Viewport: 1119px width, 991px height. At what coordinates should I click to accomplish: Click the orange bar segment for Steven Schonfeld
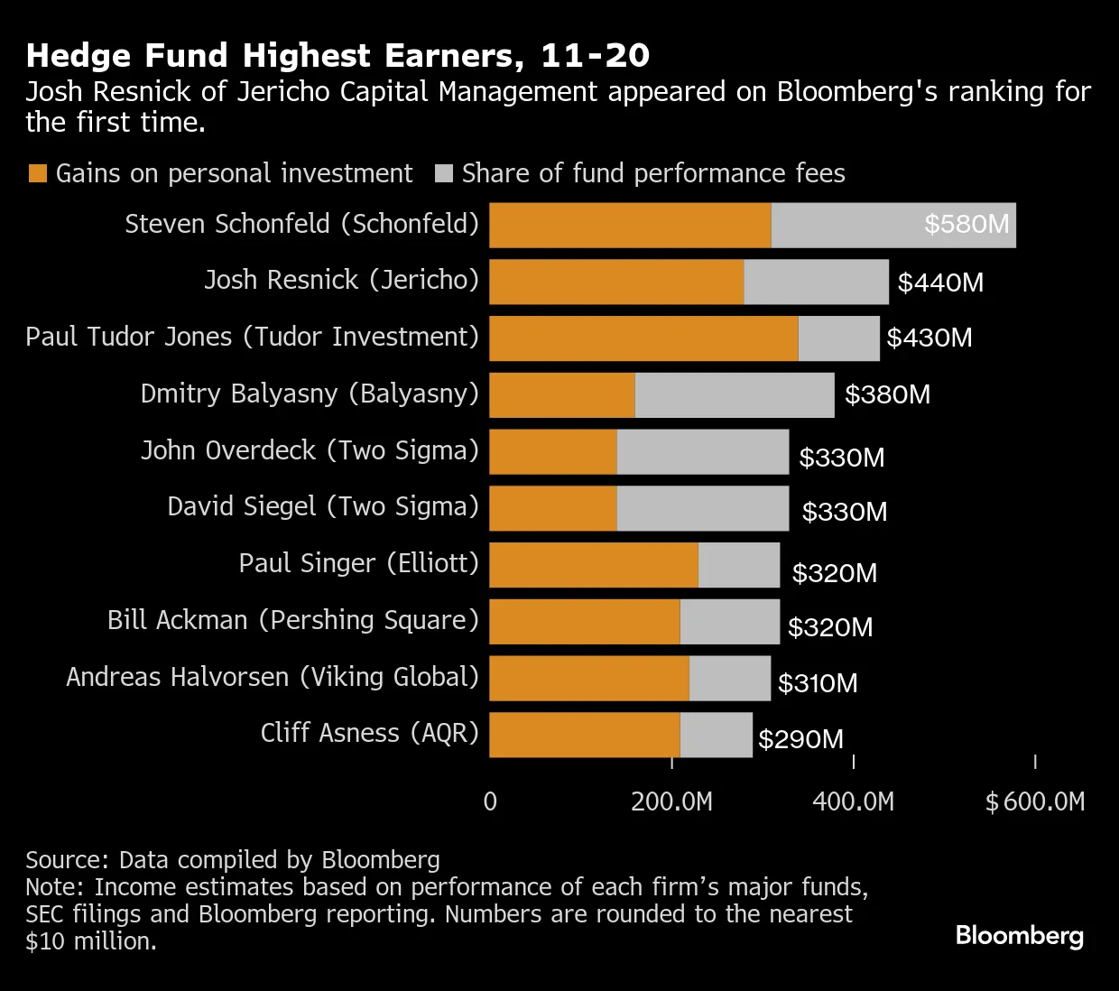click(x=630, y=226)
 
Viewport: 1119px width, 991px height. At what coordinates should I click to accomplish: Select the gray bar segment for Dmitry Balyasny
click(x=735, y=395)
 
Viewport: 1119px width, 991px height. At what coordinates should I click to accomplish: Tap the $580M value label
click(x=966, y=224)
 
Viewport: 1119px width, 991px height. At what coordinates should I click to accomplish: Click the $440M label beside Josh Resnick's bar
click(x=940, y=282)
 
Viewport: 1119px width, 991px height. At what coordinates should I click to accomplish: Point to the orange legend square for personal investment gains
click(x=37, y=173)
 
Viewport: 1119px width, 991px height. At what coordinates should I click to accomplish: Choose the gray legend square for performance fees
click(x=443, y=173)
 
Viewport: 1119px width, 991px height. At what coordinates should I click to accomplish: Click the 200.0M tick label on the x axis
click(x=671, y=801)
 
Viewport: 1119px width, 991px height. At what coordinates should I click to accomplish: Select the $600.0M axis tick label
click(x=1035, y=801)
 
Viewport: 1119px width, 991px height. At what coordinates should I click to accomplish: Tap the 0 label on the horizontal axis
click(x=490, y=801)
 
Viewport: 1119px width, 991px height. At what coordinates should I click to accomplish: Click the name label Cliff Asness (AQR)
click(x=369, y=732)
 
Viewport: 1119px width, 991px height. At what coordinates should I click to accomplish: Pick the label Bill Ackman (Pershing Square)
click(x=292, y=620)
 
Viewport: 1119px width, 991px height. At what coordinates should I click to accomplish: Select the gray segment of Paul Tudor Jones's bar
click(x=838, y=338)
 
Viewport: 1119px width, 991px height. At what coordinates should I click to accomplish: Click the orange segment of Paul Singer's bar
click(x=594, y=566)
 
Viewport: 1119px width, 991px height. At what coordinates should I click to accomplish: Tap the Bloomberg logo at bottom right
click(x=1019, y=936)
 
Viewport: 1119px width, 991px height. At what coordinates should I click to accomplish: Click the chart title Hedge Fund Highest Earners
click(x=338, y=56)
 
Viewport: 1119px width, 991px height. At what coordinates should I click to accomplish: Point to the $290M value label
click(x=800, y=740)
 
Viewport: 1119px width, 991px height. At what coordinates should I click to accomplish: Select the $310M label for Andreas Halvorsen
click(x=818, y=683)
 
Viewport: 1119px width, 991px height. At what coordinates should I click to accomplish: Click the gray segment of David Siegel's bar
click(x=702, y=509)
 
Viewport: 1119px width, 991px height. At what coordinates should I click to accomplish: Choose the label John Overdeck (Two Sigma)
click(x=310, y=450)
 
